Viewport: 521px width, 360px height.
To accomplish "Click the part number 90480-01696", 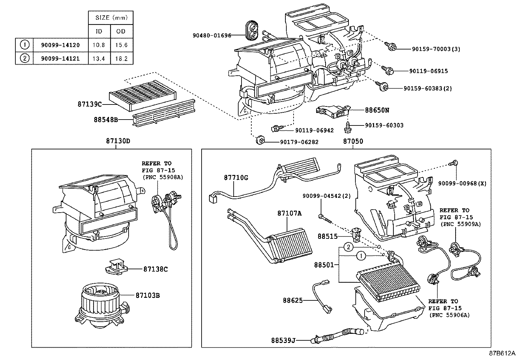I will pyautogui.click(x=212, y=35).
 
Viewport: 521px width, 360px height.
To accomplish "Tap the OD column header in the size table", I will pyautogui.click(x=121, y=31).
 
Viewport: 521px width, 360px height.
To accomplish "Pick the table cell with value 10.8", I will pyautogui.click(x=99, y=45).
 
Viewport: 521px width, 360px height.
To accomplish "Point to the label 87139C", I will pyautogui.click(x=89, y=104).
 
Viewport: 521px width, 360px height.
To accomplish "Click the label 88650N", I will pyautogui.click(x=377, y=110).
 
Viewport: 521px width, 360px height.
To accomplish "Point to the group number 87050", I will pyautogui.click(x=353, y=142).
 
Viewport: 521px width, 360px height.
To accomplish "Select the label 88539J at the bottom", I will pyautogui.click(x=283, y=340).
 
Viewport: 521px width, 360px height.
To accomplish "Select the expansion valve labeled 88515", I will pyautogui.click(x=356, y=235).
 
